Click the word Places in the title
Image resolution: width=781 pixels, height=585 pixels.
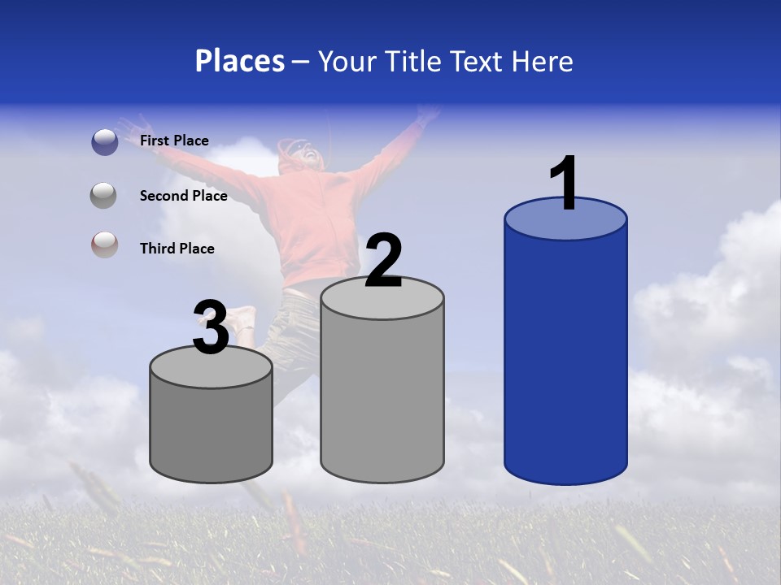[x=240, y=61]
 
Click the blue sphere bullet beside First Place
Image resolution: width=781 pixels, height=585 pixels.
[x=104, y=142]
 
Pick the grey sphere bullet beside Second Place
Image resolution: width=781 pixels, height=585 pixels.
[x=104, y=196]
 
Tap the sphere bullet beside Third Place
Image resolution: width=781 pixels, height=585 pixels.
[x=104, y=245]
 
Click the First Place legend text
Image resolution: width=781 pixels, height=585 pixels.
[x=174, y=141]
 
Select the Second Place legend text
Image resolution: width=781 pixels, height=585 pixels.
[x=183, y=196]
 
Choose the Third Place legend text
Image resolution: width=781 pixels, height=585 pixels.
[x=177, y=249]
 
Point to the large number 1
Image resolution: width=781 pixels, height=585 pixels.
[x=565, y=184]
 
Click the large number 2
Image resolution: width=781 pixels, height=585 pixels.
[x=383, y=261]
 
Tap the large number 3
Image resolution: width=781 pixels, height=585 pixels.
[x=211, y=328]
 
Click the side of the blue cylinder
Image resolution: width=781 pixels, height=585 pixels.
[x=565, y=357]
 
